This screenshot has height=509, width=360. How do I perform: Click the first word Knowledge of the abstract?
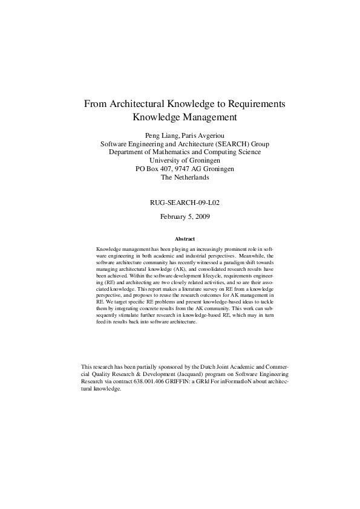[109, 249]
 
